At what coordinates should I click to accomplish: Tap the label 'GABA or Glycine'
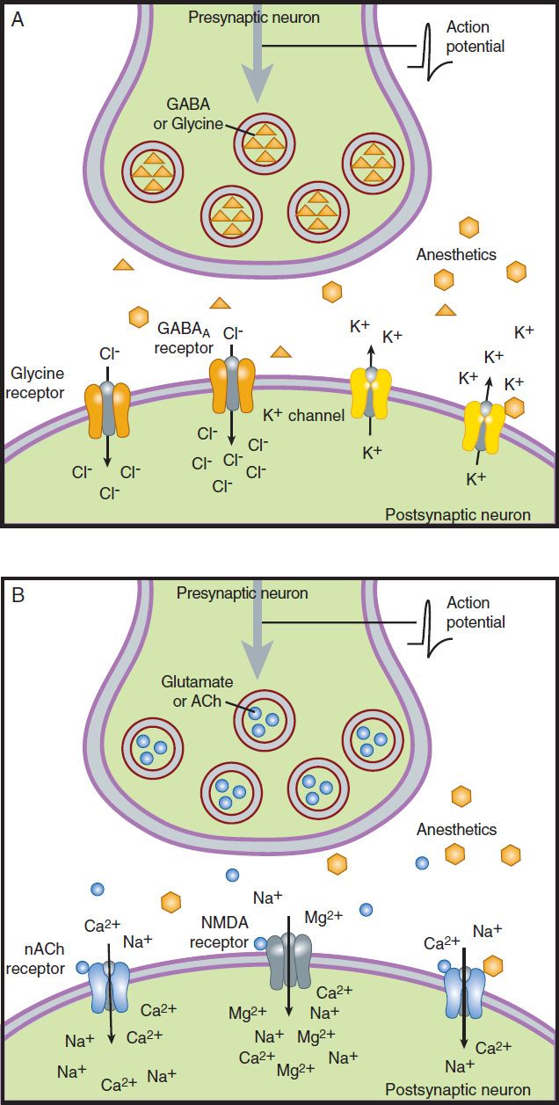pos(188,113)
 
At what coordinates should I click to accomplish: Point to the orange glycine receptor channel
pos(107,410)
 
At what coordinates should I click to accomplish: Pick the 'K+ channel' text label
pos(305,414)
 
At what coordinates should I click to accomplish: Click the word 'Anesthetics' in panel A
pos(456,255)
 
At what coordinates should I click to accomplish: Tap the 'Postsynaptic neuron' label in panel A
pos(458,513)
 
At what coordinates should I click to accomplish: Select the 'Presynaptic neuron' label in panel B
pos(242,593)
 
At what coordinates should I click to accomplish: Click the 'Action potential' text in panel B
pos(476,613)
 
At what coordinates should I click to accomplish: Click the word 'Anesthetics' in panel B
pos(456,830)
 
